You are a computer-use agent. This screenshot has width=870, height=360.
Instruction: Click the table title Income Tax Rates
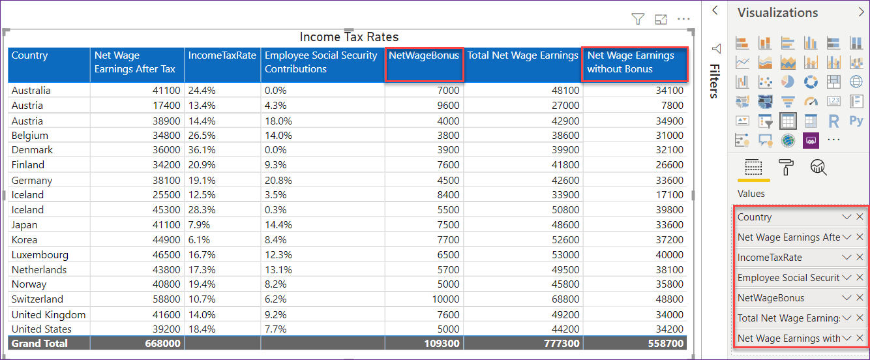[349, 37]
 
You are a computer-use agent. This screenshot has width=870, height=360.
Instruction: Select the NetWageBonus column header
[424, 56]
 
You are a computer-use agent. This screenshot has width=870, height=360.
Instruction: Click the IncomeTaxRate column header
[222, 56]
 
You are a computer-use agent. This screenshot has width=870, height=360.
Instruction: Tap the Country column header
[30, 56]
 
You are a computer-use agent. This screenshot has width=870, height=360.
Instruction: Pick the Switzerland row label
[37, 299]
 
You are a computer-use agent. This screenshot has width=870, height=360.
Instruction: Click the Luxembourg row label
[40, 255]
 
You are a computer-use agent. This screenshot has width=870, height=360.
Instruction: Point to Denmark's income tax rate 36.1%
[202, 150]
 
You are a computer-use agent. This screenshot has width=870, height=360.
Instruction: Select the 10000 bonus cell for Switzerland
[445, 299]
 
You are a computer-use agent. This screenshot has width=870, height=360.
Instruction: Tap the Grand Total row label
[39, 343]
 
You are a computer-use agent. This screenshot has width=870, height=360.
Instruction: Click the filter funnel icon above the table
[638, 20]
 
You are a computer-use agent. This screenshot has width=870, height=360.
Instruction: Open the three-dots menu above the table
[683, 20]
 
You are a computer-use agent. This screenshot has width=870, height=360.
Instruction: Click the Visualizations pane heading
[777, 12]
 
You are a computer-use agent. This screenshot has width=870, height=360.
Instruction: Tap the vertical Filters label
[714, 81]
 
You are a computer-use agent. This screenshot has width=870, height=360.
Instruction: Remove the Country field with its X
[860, 217]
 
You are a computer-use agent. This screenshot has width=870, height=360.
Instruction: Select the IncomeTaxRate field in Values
[770, 258]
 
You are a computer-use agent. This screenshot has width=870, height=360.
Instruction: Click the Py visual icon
[856, 121]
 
